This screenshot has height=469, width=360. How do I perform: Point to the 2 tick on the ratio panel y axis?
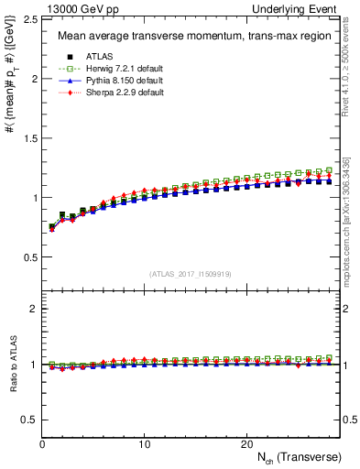click(32, 310)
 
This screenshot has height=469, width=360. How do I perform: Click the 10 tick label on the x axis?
click(145, 443)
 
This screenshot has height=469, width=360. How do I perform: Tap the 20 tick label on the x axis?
click(246, 443)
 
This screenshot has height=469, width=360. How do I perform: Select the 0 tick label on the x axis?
click(43, 443)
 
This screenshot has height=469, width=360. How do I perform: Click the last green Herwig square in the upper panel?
click(329, 170)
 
